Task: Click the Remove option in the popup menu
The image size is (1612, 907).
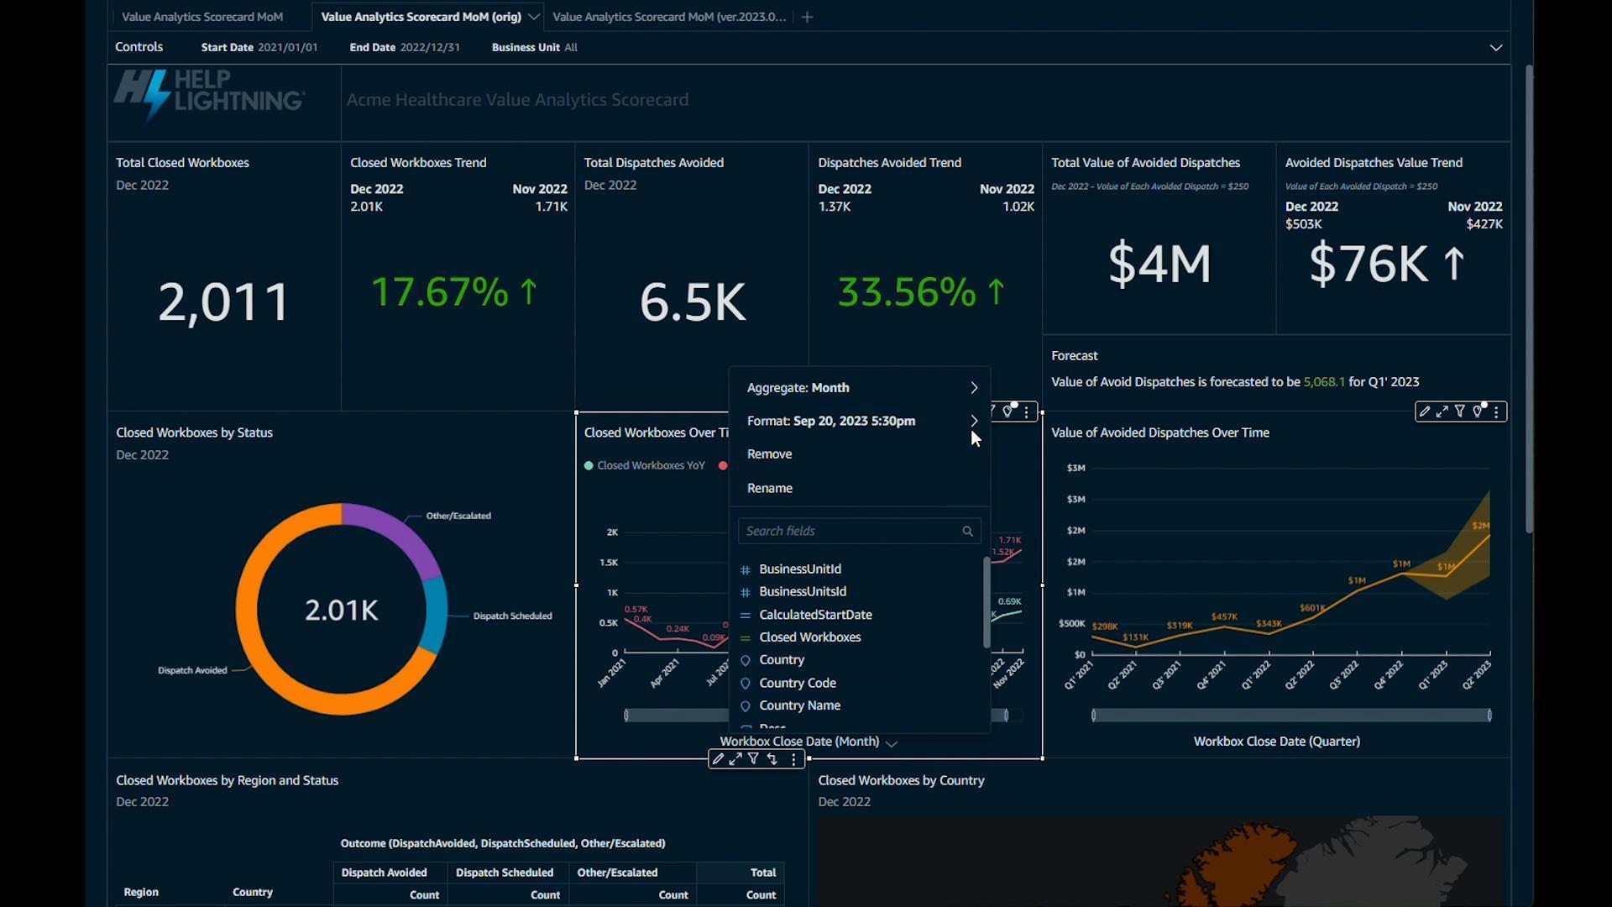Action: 769,454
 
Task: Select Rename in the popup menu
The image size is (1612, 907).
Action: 769,488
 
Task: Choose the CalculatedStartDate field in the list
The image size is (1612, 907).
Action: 814,615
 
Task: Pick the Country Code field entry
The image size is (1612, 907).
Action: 797,683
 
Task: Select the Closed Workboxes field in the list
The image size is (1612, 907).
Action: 809,637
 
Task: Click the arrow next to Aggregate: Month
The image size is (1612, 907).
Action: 974,388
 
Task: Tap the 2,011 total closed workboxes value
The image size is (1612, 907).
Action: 223,301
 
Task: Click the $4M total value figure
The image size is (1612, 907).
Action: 1159,264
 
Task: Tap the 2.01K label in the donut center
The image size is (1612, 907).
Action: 341,611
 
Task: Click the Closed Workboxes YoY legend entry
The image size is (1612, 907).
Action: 650,466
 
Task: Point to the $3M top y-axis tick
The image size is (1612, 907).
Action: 1076,468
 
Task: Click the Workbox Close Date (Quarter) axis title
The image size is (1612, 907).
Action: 1276,742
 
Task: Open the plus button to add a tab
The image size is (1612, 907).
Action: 807,17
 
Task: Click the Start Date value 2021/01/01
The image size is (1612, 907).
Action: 287,48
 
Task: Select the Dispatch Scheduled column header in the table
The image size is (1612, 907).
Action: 504,873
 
